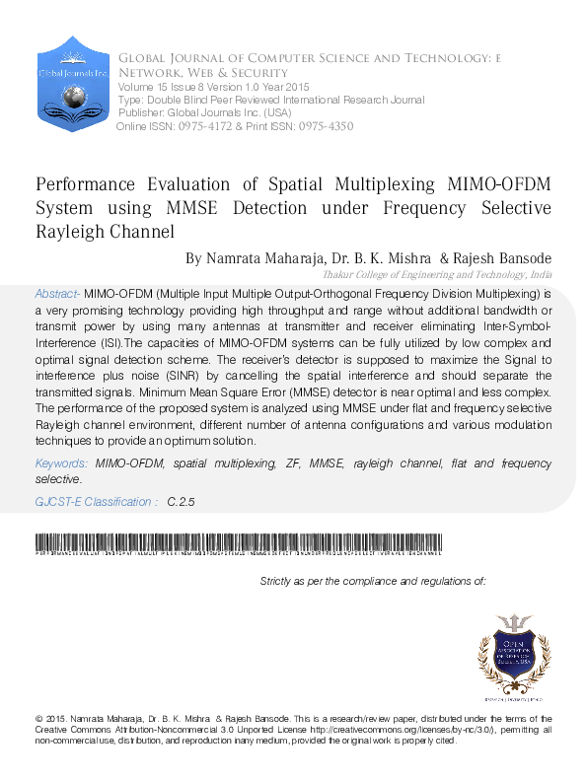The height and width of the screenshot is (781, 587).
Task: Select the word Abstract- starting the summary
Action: point(57,294)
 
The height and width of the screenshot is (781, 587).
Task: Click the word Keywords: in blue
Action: point(63,462)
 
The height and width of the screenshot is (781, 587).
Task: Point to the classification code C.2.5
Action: point(182,502)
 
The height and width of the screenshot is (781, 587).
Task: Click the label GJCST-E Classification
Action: point(95,502)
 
